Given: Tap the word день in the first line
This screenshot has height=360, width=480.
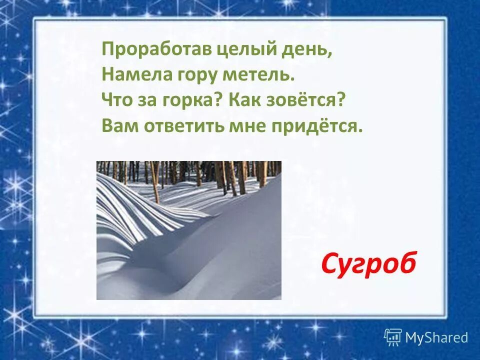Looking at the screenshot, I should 310,50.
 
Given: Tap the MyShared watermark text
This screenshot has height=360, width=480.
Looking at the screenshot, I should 436,337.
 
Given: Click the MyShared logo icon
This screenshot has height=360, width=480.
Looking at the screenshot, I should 393,337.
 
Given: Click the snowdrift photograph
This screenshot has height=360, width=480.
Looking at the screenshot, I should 188,230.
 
